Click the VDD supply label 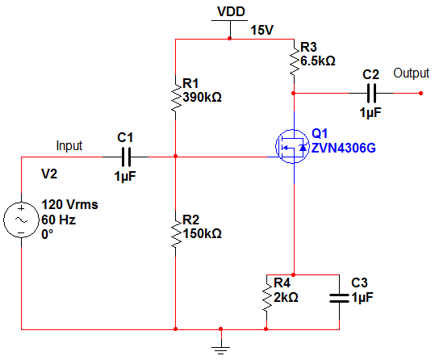(x=231, y=11)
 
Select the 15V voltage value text (x=262, y=30)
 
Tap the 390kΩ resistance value (x=202, y=97)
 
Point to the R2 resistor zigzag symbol (x=176, y=234)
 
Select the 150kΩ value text (x=202, y=234)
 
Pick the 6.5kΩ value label (x=318, y=61)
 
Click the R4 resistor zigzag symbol (x=267, y=297)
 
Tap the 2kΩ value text (x=286, y=297)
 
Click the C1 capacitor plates (x=126, y=157)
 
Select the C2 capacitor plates (x=371, y=94)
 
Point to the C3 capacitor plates (x=339, y=298)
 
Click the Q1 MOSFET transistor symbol (x=293, y=146)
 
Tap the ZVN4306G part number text (x=344, y=148)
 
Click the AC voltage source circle (x=21, y=220)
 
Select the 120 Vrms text (x=69, y=204)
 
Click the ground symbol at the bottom (x=221, y=350)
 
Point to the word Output (x=411, y=73)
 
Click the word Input (x=69, y=146)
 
